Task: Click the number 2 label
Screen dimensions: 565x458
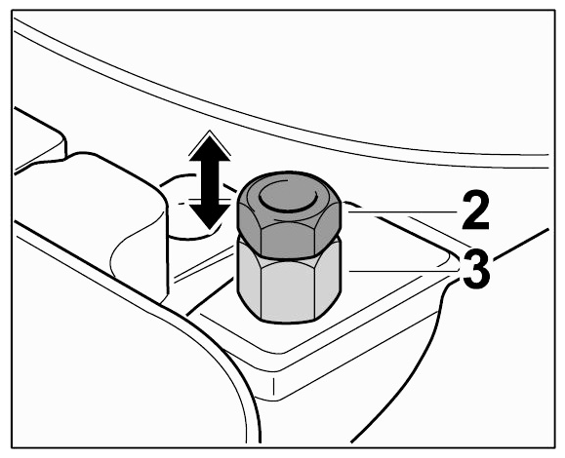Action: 475,210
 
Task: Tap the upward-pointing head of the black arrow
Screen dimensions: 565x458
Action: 210,147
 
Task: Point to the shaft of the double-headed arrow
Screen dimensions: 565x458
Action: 210,182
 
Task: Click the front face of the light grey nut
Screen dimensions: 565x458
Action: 288,289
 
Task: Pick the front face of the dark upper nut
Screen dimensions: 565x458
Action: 288,240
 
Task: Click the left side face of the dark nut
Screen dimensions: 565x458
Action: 248,228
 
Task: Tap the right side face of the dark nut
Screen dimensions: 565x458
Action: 328,228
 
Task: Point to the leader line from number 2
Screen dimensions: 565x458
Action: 403,212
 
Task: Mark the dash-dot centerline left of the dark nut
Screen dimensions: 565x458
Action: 207,201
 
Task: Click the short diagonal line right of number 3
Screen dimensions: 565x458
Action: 521,244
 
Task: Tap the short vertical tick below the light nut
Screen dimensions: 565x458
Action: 273,387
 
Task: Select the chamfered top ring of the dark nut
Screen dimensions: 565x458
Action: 288,197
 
